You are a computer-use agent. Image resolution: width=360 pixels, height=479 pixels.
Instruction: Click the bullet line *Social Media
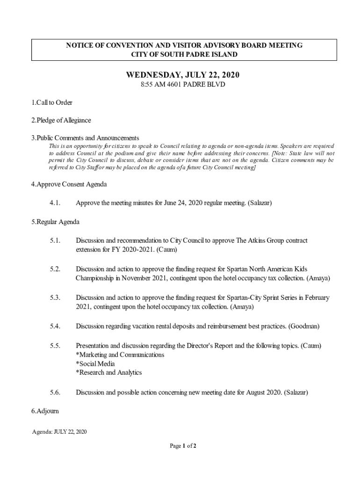(95, 363)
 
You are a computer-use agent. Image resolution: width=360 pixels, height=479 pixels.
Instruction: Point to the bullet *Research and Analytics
(108, 372)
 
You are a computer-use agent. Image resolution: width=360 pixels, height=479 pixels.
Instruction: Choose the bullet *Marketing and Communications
(120, 355)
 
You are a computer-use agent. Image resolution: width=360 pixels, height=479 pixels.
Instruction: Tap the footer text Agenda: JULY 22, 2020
(59, 431)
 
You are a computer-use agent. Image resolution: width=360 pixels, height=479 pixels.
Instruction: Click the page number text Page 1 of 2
(183, 446)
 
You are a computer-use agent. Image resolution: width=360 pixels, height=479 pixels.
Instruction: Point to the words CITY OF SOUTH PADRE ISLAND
(184, 54)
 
